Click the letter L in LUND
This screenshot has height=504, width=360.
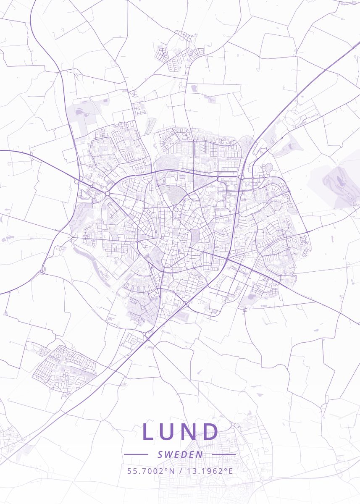[x=149, y=432]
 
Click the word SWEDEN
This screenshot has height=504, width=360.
[x=180, y=454]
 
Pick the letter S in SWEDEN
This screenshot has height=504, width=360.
[x=160, y=454]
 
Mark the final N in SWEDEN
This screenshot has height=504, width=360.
[x=200, y=454]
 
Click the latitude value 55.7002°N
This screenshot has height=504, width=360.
[x=151, y=471]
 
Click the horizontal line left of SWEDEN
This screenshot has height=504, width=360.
[x=136, y=454]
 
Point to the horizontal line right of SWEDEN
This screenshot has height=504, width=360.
[x=224, y=454]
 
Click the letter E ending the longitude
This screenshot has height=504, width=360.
[x=230, y=471]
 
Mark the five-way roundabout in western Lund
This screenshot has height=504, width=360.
[x=107, y=194]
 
